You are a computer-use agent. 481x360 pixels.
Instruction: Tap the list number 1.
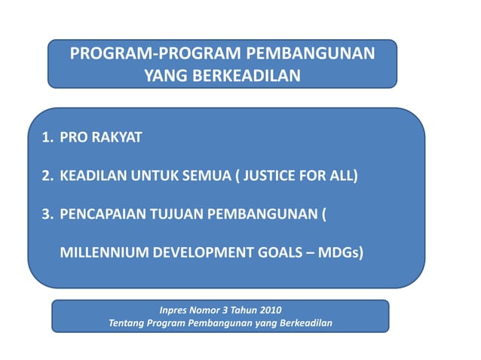pyautogui.click(x=45, y=139)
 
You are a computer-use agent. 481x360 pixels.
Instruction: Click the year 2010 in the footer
pyautogui.click(x=271, y=309)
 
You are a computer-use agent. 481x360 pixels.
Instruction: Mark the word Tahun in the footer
pyautogui.click(x=246, y=309)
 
